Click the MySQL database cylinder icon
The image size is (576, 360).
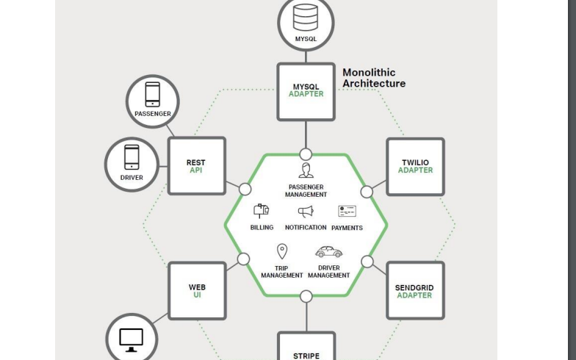click(x=306, y=18)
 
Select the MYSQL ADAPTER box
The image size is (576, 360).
click(x=306, y=92)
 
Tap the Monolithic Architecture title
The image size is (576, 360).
click(x=374, y=78)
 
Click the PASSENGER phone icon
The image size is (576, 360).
click(x=153, y=94)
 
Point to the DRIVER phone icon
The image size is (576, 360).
click(x=132, y=157)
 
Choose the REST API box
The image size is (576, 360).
click(x=197, y=166)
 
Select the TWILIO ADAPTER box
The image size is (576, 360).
click(x=416, y=167)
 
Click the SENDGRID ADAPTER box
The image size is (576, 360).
click(x=416, y=291)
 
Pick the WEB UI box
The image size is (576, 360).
click(x=197, y=291)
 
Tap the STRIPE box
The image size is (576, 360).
click(x=306, y=346)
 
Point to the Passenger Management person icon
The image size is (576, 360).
click(x=306, y=170)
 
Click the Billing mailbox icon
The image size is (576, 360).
click(x=262, y=212)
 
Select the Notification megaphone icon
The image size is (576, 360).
click(x=306, y=212)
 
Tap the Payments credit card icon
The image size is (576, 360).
click(x=347, y=212)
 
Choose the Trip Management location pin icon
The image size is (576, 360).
click(x=282, y=251)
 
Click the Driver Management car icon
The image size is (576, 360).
click(x=329, y=251)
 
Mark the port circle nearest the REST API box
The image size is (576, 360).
click(x=245, y=190)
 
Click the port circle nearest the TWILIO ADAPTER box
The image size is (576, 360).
click(x=367, y=192)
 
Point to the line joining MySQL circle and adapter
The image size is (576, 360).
click(x=306, y=57)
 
